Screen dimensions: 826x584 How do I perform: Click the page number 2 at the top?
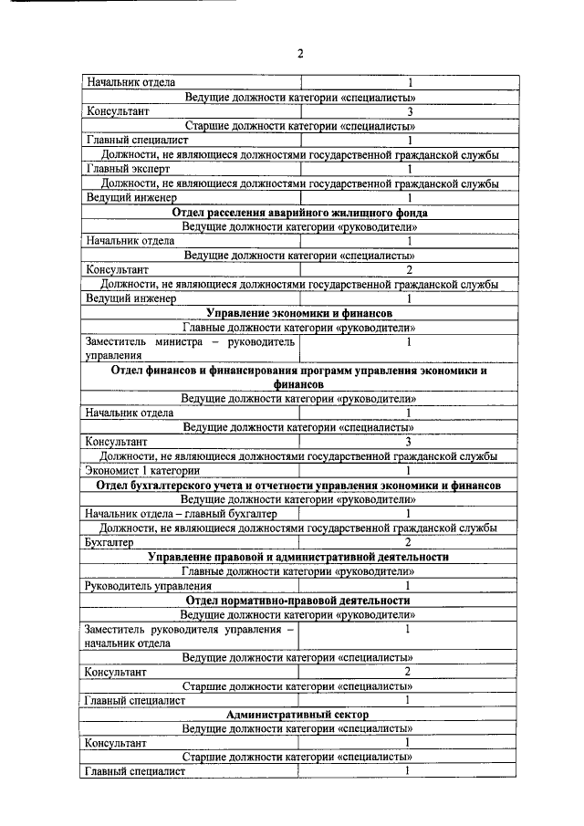point(299,53)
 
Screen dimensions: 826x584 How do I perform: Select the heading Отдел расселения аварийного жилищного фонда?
point(299,212)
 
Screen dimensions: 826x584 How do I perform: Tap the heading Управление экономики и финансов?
point(299,313)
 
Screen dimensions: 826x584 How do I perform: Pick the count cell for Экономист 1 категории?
point(409,470)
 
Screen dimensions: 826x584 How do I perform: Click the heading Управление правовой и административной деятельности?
point(299,557)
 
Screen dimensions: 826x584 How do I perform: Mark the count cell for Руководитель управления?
point(409,585)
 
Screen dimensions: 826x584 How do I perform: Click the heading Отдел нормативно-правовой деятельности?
point(299,600)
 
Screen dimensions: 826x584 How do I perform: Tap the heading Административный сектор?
point(299,714)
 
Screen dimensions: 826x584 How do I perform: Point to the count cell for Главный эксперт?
point(409,169)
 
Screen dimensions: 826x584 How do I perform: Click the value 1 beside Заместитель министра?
point(409,342)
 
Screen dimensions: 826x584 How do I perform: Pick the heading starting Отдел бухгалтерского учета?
point(299,485)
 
